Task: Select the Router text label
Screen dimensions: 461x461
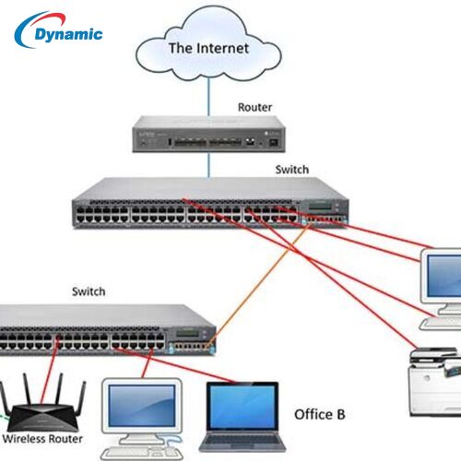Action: point(254,107)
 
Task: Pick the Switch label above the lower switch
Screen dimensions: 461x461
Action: point(89,291)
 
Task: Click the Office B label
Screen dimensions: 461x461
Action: point(319,414)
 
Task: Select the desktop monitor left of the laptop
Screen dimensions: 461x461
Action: point(141,407)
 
